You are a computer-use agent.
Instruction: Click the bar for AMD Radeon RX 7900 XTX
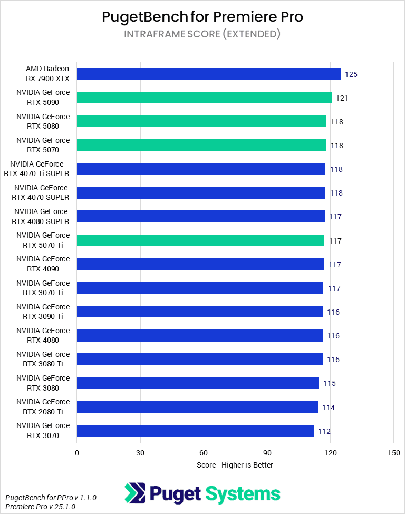(x=208, y=74)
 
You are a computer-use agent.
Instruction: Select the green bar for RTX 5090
(x=204, y=98)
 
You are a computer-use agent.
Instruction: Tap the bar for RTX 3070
(x=195, y=431)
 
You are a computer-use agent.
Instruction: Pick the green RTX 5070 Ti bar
(x=200, y=240)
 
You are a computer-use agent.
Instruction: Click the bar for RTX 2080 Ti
(x=197, y=407)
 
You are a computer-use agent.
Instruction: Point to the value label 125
(x=351, y=74)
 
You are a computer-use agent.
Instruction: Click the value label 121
(x=342, y=98)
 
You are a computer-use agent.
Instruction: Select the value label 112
(x=324, y=431)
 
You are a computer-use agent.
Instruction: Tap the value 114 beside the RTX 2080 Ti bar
(x=328, y=408)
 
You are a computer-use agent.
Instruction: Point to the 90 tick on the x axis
(x=267, y=453)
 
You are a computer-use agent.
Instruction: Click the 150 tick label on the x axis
(x=393, y=453)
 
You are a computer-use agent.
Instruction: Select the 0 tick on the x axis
(x=77, y=453)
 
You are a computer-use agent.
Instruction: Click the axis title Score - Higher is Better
(x=235, y=465)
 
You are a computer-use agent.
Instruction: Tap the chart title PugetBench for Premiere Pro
(x=202, y=17)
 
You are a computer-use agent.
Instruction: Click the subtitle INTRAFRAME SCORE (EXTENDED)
(x=202, y=34)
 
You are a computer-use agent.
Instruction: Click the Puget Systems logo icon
(x=135, y=493)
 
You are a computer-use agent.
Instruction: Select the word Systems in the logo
(x=243, y=494)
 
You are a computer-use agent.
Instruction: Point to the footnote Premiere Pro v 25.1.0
(x=41, y=507)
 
